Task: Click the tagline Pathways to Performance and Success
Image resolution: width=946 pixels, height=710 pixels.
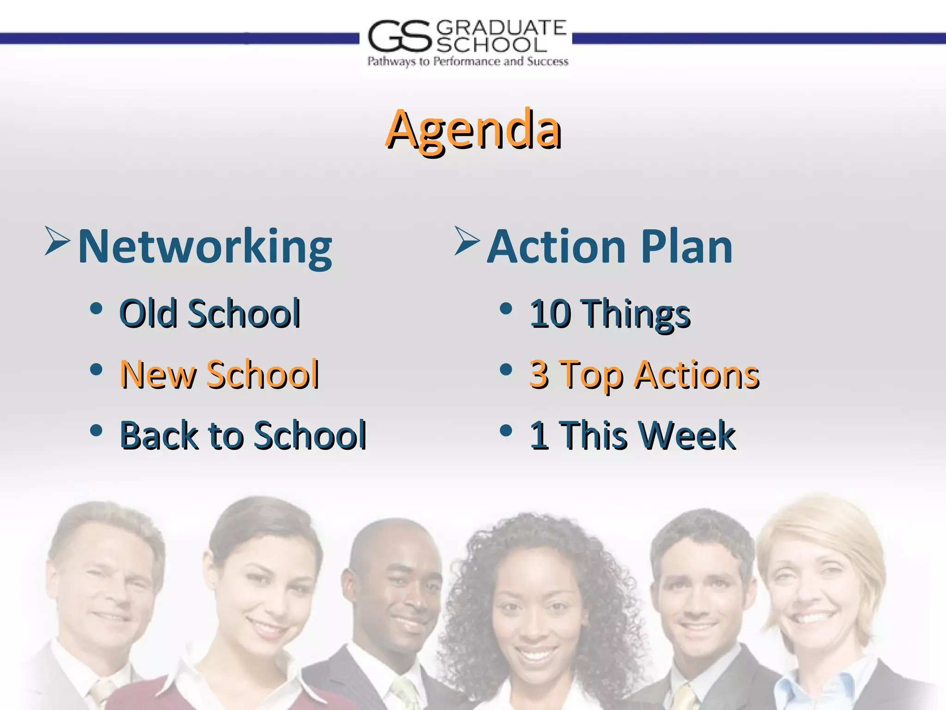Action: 467,61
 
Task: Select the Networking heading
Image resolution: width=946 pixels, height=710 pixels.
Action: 205,247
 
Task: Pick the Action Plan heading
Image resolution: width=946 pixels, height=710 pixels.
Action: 610,247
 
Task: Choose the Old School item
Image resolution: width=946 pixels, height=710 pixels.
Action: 210,313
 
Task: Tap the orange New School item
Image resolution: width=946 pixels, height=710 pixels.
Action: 219,374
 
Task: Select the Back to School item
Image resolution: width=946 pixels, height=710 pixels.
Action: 243,435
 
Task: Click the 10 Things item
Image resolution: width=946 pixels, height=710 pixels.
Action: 610,313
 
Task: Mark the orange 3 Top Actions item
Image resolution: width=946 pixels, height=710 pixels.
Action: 644,374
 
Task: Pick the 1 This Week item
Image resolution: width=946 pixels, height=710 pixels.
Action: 632,435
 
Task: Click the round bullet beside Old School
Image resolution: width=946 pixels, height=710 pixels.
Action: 96,308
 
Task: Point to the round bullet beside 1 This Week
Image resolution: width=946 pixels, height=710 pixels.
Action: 506,430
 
